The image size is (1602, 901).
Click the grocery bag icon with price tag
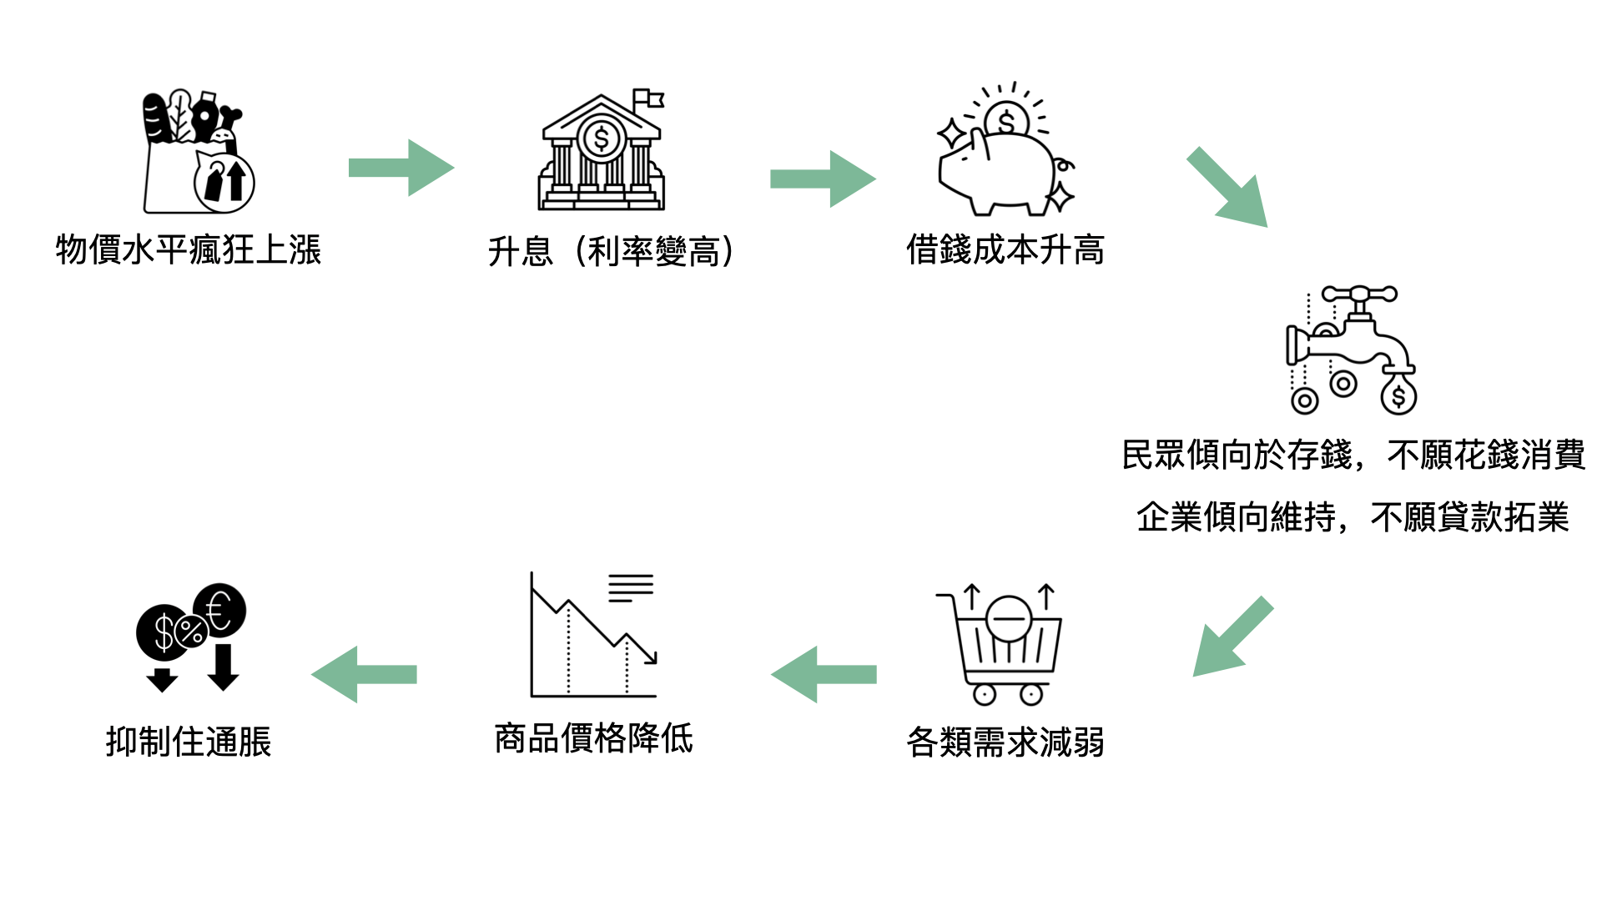[x=198, y=152]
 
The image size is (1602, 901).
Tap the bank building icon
[x=601, y=152]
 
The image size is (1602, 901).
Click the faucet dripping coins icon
[x=1352, y=350]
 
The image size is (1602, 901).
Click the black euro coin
[x=219, y=609]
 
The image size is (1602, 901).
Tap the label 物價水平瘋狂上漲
[x=189, y=250]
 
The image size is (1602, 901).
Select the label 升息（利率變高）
[x=611, y=251]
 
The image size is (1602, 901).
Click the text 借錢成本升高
[x=1005, y=249]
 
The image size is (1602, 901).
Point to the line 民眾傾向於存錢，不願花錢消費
[x=1353, y=456]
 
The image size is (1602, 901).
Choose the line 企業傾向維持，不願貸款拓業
[x=1353, y=517]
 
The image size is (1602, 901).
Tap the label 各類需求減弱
[x=1005, y=742]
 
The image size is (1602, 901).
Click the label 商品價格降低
[x=594, y=738]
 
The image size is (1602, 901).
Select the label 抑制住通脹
[x=189, y=742]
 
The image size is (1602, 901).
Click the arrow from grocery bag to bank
[x=401, y=168]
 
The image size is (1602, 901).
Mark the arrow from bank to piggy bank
[x=823, y=179]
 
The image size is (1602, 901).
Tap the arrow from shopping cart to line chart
[x=824, y=674]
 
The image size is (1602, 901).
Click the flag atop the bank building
[x=648, y=98]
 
